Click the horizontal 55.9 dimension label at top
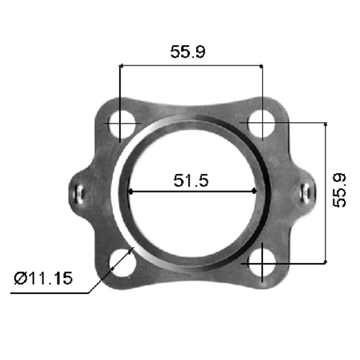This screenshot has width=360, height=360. [190, 52]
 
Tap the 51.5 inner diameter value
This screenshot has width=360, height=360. [190, 181]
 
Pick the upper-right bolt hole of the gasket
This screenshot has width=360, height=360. [262, 123]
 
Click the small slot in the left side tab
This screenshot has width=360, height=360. [79, 192]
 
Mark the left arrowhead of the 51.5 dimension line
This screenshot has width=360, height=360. [131, 191]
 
